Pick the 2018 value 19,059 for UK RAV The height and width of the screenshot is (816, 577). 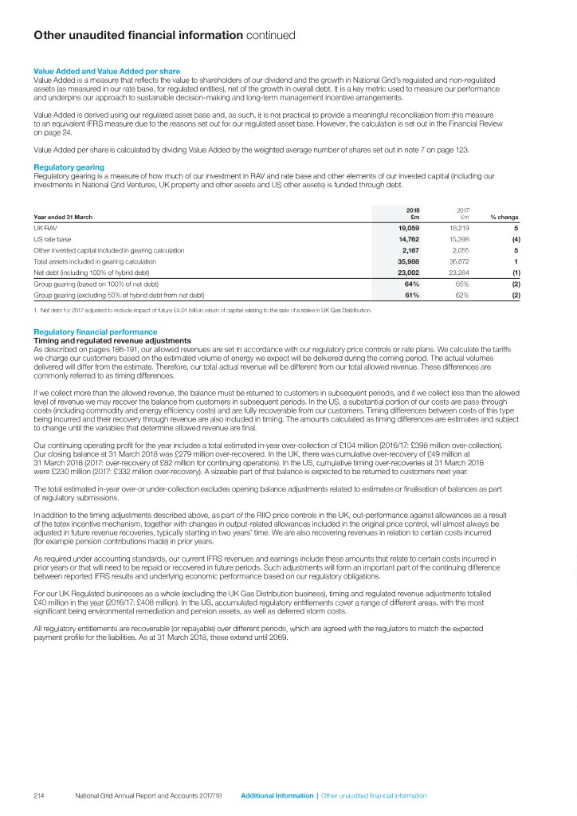407,227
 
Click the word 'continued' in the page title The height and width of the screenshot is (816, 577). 270,35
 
